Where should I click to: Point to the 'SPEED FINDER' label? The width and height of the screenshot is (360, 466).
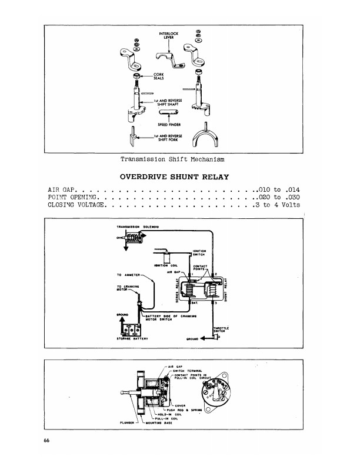168,125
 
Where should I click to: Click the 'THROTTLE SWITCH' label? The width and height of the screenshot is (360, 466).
221,329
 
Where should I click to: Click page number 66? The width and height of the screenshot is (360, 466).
46,441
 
